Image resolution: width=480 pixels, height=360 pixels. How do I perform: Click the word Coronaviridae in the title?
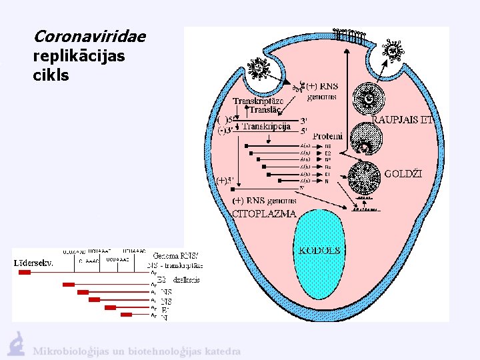[x=89, y=36]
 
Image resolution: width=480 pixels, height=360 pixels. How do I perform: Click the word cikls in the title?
[x=51, y=75]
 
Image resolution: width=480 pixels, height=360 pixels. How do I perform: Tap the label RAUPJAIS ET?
[x=409, y=120]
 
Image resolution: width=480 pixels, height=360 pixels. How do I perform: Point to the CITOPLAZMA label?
[x=264, y=213]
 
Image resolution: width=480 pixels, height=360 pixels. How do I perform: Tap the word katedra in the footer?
[x=223, y=351]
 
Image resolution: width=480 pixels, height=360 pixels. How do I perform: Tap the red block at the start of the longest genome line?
[x=24, y=272]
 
